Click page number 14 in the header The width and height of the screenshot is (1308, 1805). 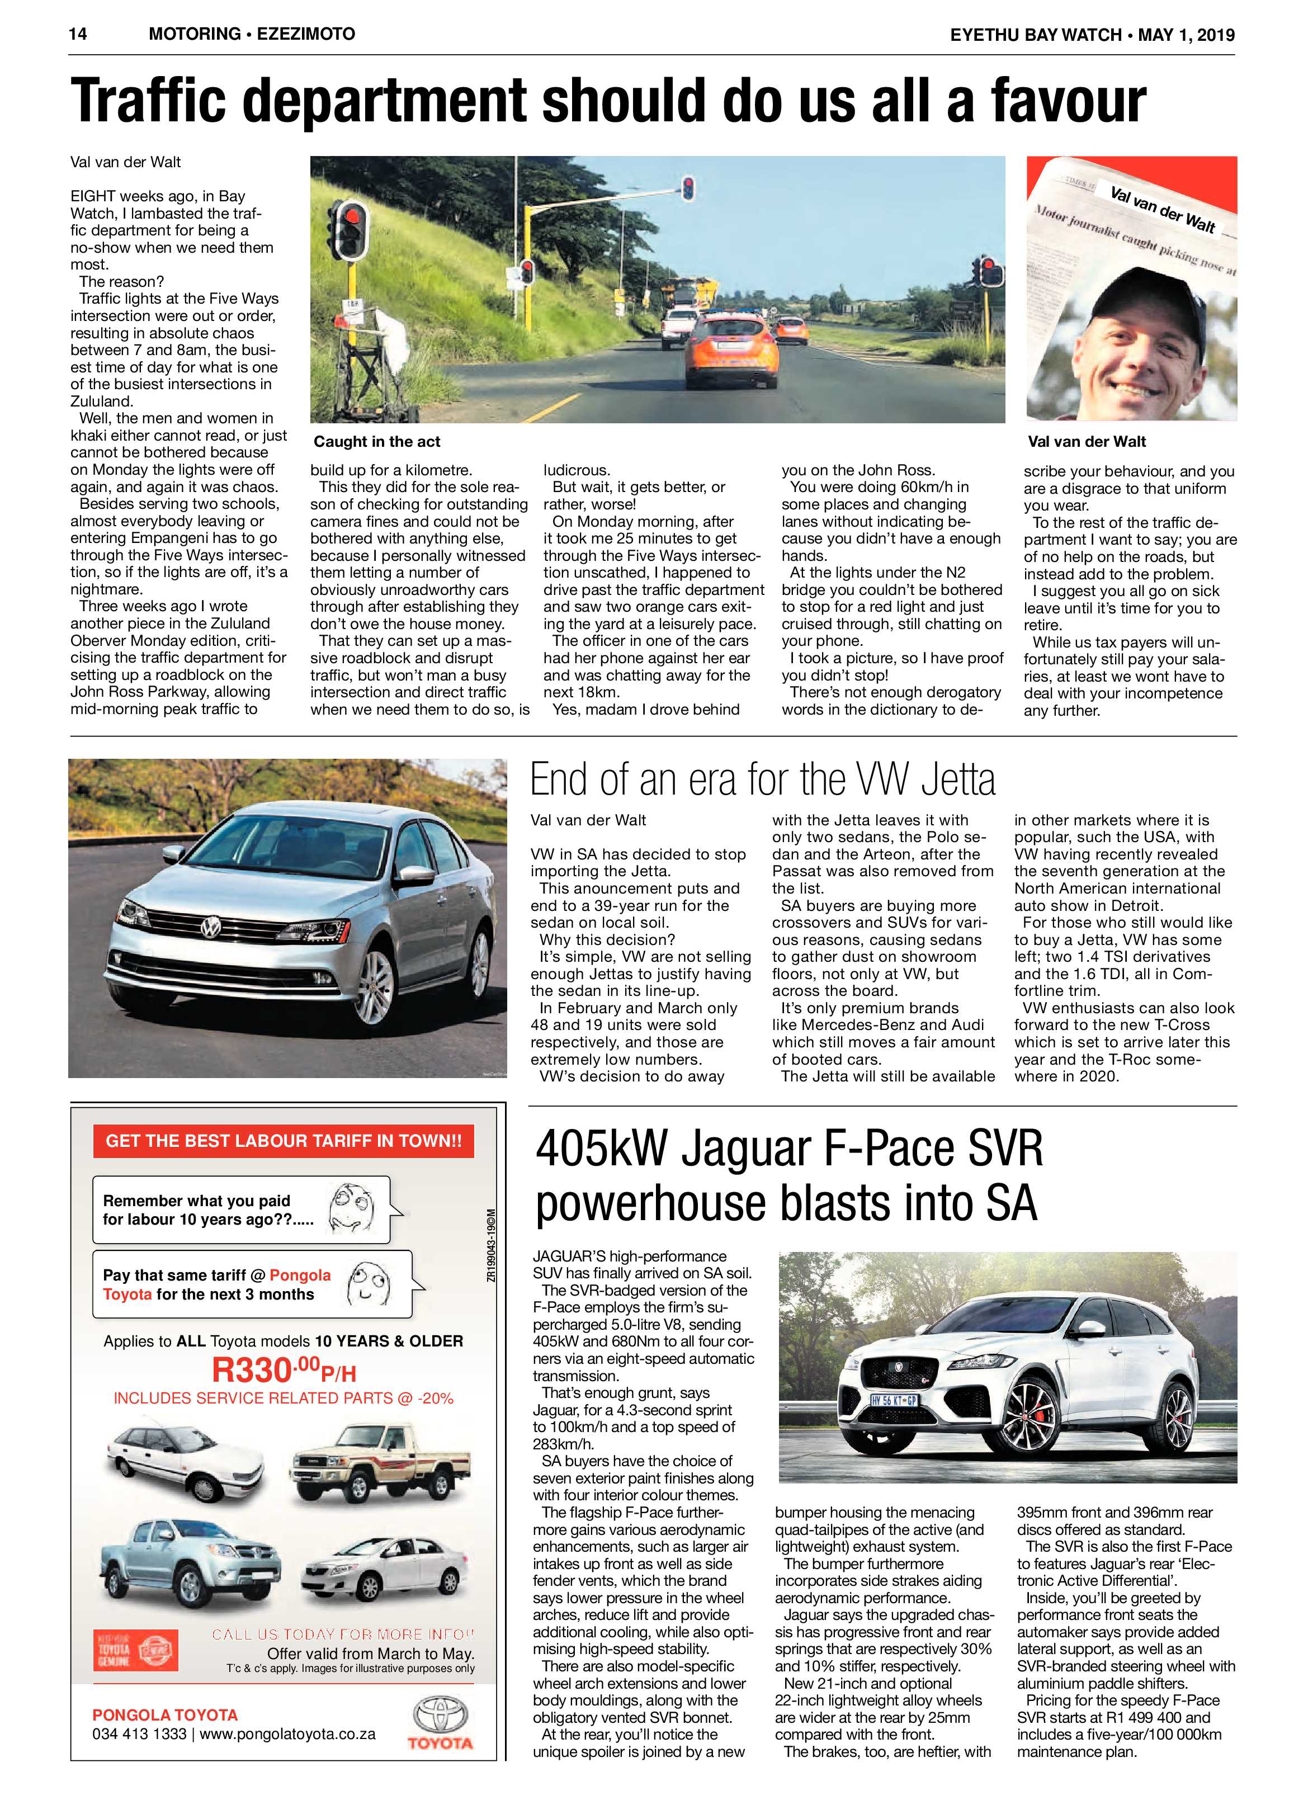point(78,34)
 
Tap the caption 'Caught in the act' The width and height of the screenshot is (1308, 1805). point(376,442)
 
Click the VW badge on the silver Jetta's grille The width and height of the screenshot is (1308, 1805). point(211,927)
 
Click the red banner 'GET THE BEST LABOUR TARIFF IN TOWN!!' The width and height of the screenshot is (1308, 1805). point(284,1141)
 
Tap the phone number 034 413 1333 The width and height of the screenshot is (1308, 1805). point(139,1733)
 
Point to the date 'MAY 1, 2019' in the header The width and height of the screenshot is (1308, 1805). point(1186,34)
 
